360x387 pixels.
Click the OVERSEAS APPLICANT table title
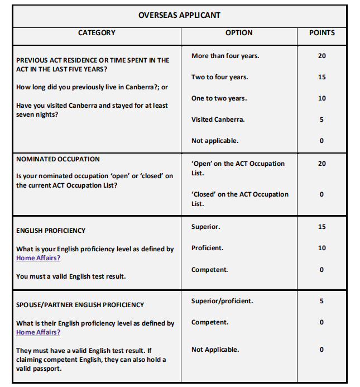coord(179,15)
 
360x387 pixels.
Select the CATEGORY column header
coord(97,33)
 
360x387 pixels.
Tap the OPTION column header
coord(239,33)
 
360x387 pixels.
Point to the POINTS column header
coord(322,33)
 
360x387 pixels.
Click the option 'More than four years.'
coord(225,56)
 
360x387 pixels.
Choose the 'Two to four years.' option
coord(219,77)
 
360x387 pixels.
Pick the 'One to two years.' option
coord(219,98)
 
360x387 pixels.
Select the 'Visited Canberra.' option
coord(218,120)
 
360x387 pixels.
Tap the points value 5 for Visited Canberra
coord(322,120)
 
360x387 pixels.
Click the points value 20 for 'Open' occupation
coord(322,164)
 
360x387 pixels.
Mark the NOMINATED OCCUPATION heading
coord(58,159)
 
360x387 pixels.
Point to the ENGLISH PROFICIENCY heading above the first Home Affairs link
coord(51,230)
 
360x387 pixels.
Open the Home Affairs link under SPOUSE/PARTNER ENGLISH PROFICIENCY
coord(38,332)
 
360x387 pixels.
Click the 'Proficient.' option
coord(208,248)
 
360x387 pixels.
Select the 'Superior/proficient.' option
coord(222,301)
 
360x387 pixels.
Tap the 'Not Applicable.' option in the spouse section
coord(215,350)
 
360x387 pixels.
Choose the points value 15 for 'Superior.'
coord(322,227)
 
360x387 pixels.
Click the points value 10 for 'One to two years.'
coord(322,98)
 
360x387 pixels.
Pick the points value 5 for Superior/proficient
coord(322,301)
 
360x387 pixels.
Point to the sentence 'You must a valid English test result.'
coord(71,276)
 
